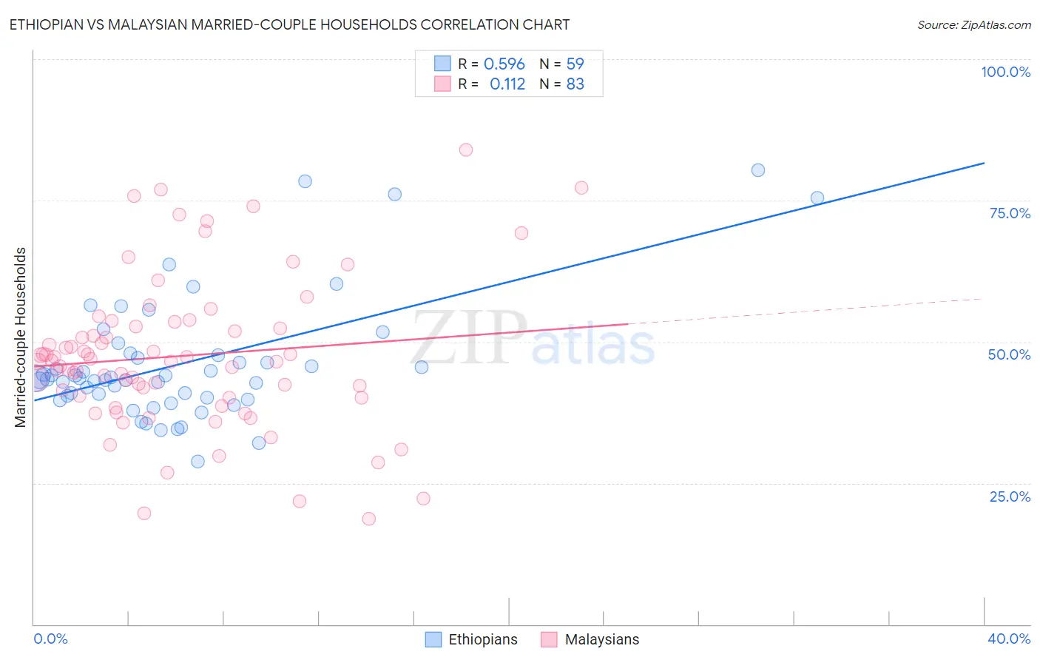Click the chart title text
[289, 24]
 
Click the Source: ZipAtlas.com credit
[973, 24]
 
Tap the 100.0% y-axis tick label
[1005, 72]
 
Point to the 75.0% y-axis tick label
[1010, 213]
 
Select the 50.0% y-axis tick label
[1009, 354]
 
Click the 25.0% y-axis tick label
[1010, 496]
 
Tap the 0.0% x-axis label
[51, 639]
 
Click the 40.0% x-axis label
[1009, 639]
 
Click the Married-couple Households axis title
[21, 337]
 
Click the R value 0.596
[504, 64]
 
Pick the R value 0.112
[507, 84]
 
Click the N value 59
[575, 64]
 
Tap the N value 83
[575, 84]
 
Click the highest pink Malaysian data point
[465, 149]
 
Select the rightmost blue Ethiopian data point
[817, 198]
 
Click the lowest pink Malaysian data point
[368, 519]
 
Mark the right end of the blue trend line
[984, 163]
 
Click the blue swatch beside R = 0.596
[442, 64]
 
